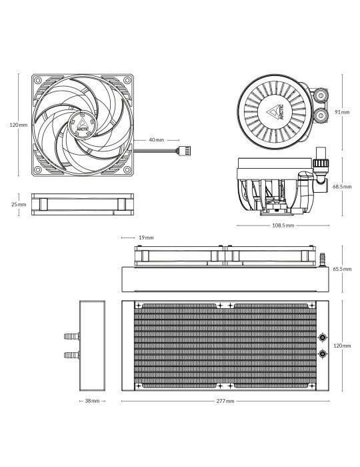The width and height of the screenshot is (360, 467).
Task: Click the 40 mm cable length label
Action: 156,139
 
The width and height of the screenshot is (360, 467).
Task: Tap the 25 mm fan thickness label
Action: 19,204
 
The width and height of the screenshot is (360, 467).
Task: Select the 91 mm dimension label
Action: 342,112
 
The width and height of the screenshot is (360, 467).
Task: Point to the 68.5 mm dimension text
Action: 342,187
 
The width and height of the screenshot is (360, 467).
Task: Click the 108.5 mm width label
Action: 283,225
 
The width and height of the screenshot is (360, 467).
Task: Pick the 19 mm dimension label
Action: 146,238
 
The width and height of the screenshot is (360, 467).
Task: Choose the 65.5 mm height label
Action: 342,269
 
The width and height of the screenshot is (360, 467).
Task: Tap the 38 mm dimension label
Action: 92,401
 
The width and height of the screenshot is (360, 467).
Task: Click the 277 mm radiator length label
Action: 225,401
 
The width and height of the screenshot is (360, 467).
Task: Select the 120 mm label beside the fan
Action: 19,125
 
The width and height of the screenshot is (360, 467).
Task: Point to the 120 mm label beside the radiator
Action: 342,346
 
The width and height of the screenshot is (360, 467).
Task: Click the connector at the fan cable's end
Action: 184,151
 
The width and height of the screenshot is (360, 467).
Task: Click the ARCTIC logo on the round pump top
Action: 275,112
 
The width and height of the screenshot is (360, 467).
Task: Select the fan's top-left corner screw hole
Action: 38,80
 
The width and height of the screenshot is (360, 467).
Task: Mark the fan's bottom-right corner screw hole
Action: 127,169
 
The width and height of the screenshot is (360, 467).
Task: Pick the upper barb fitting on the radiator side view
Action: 72,336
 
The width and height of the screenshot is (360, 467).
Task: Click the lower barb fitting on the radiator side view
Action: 72,355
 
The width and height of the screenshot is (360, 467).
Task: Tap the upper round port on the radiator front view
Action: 322,337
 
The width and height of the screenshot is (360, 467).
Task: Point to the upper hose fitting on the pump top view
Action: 321,95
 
